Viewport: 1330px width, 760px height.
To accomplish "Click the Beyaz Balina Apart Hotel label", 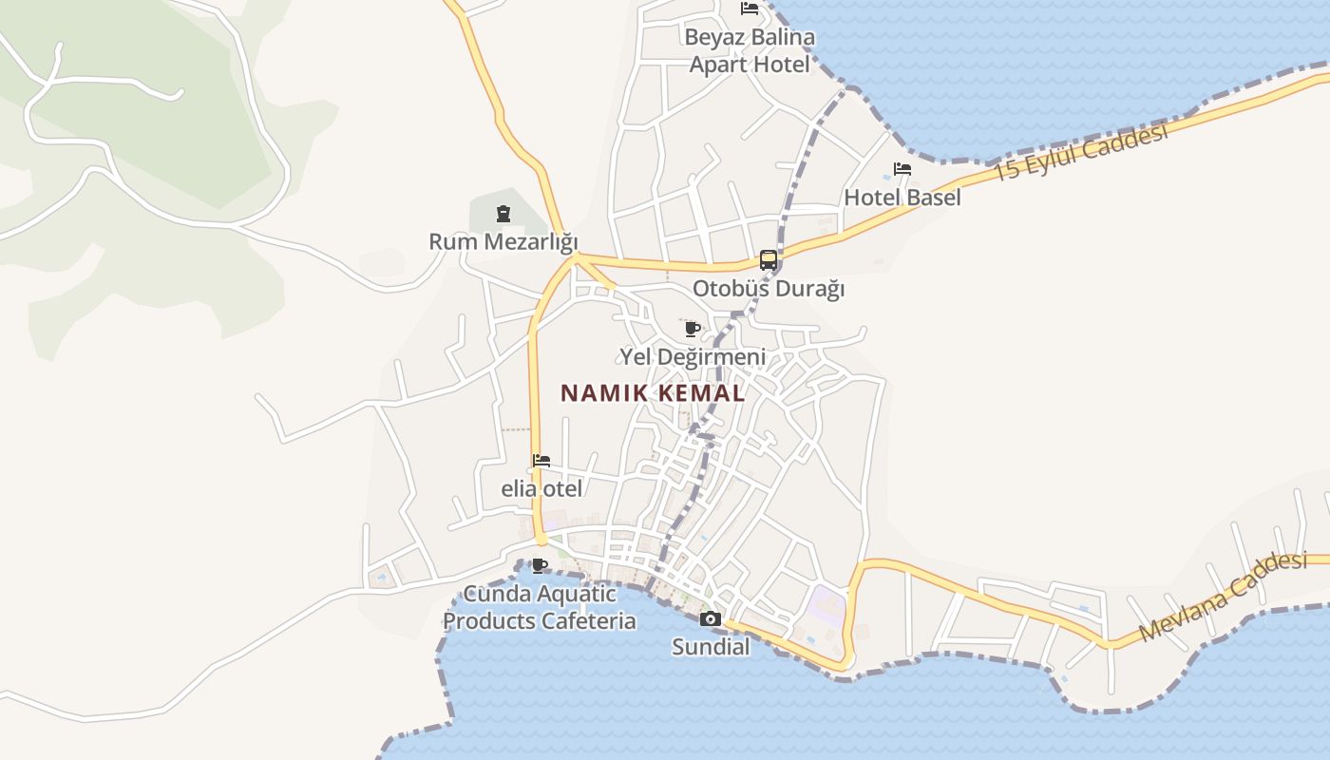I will click(750, 51).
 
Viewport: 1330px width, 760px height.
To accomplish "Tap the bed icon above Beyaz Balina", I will click(750, 9).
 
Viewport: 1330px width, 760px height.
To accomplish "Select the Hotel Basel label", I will click(902, 198).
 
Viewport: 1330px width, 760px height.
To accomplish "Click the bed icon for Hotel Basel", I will click(902, 169).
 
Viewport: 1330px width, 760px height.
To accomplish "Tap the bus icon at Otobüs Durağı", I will click(768, 259).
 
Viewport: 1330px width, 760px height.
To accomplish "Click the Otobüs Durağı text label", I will click(768, 289).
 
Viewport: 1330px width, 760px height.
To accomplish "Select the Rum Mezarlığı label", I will click(503, 241).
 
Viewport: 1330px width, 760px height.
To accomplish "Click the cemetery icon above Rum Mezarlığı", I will click(503, 214).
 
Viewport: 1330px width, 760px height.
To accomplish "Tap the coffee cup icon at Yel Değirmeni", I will click(693, 329).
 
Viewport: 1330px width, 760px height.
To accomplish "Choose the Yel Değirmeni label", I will click(693, 357).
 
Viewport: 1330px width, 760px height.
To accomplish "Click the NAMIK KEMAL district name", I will click(653, 393).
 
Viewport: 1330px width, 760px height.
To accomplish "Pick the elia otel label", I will click(541, 489).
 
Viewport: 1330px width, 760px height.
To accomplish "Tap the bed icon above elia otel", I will click(541, 461).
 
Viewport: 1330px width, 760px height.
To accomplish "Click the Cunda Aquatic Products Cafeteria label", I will click(540, 608).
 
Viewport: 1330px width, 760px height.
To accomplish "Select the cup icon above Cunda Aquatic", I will click(540, 566).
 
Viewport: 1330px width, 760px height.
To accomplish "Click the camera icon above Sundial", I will click(710, 619).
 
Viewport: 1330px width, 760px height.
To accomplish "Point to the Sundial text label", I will click(711, 648).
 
